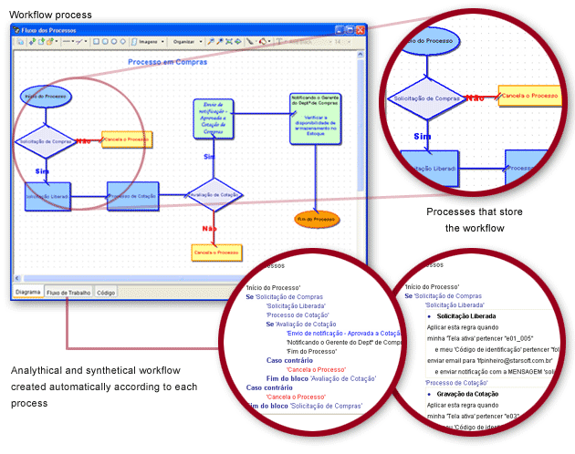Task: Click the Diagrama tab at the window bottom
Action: (28, 293)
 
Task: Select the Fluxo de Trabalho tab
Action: (69, 293)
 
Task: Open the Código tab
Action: (106, 293)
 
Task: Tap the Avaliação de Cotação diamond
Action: (216, 193)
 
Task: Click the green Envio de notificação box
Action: (213, 119)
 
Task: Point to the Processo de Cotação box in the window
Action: (133, 196)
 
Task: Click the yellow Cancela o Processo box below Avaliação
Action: (215, 253)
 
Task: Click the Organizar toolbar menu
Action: (185, 41)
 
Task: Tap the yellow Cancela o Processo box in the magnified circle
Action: (528, 96)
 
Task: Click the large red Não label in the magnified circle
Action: (475, 98)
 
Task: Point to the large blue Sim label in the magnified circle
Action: (422, 136)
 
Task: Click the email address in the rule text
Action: (486, 360)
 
